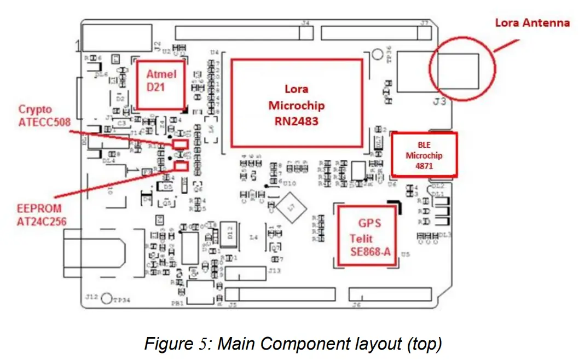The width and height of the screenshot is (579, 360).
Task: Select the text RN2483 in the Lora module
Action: (x=296, y=121)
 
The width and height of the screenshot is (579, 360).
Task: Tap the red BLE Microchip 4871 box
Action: (x=424, y=155)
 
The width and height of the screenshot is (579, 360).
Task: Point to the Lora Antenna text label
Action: (x=532, y=23)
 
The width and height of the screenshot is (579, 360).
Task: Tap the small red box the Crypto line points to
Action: (x=180, y=144)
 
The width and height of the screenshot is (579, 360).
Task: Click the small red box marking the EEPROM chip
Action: (x=181, y=166)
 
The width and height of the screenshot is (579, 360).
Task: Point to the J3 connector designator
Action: (x=439, y=102)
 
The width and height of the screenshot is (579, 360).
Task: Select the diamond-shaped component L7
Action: (x=290, y=208)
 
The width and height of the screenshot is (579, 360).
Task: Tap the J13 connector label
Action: (x=274, y=270)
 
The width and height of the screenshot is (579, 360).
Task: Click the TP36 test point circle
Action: (x=377, y=55)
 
